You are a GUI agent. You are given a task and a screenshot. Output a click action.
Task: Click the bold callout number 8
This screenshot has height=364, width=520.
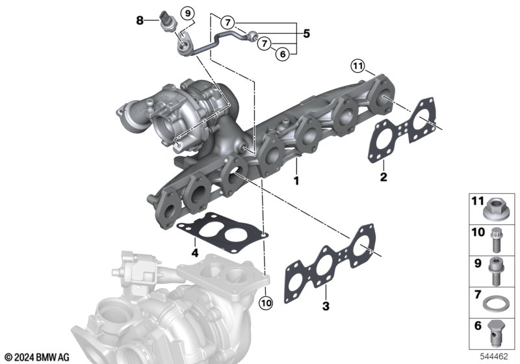point(140,21)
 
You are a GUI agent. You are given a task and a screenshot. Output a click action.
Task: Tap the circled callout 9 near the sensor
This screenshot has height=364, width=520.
point(188,14)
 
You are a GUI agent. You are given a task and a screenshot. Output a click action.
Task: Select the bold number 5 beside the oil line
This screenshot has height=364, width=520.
point(307,34)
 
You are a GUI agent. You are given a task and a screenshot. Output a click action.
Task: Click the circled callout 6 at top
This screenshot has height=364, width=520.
point(283,54)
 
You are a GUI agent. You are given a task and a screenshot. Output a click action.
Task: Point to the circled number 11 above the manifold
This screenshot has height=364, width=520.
point(358,66)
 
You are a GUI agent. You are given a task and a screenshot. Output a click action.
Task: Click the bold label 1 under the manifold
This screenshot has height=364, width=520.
point(296,181)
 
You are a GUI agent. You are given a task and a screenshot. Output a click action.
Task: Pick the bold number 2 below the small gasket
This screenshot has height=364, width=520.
point(383,177)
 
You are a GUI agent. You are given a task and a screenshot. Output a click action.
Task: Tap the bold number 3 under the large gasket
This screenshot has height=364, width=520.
point(326,305)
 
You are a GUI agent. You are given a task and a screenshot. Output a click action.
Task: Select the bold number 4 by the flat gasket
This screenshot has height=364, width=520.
point(195,253)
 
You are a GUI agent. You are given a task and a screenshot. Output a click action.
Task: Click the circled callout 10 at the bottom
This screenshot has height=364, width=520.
point(266,302)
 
